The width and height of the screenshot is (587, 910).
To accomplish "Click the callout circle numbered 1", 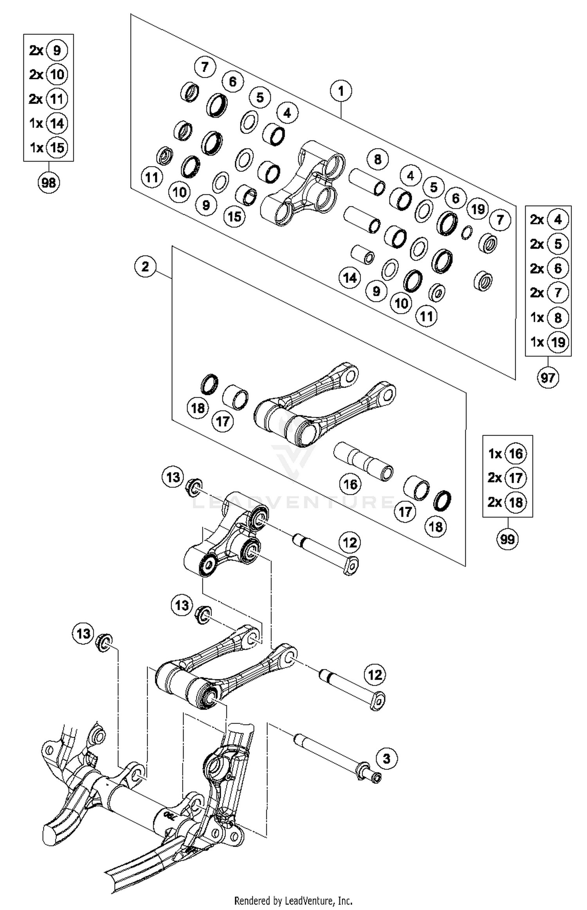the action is point(341,91).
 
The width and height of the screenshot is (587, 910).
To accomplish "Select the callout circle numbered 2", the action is point(145,267).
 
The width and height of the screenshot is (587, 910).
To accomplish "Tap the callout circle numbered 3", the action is point(386,759).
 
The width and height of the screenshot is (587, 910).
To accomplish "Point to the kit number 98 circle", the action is point(49,182).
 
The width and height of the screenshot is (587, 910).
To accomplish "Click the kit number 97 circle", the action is point(548,378).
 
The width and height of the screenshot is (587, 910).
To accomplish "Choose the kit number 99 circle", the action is point(508,539).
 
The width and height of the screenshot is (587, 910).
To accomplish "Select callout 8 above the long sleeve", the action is point(378,159).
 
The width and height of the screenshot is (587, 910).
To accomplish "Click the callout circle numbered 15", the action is point(234,216).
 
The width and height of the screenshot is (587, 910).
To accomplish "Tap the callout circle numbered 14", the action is point(350,278).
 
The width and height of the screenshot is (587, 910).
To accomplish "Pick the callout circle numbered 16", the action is point(350,485).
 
